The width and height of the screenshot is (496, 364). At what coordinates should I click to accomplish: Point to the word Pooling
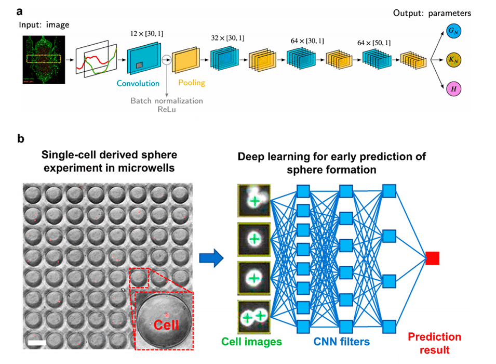click(x=192, y=82)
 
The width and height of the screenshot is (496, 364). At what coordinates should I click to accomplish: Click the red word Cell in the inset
click(x=166, y=326)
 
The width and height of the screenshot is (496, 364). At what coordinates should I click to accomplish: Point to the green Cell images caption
click(x=251, y=342)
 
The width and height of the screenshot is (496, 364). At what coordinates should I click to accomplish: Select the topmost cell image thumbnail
click(x=254, y=201)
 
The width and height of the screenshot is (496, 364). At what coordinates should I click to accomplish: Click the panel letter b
click(x=21, y=139)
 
